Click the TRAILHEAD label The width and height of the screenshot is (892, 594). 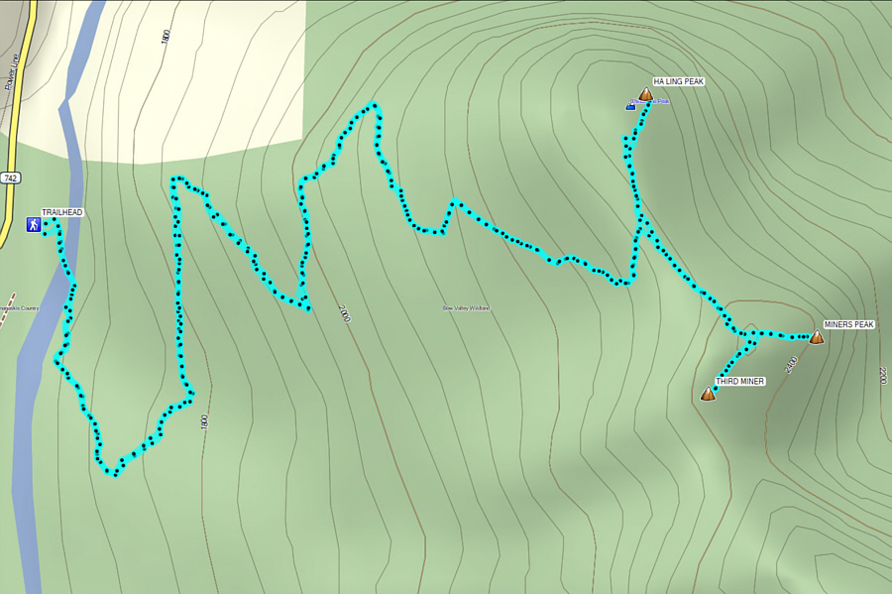point(61,212)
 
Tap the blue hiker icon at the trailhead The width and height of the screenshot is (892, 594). point(34,225)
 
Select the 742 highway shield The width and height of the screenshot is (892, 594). point(10,178)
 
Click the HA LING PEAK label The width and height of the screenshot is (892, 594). point(678,82)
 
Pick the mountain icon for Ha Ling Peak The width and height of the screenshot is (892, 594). point(645,95)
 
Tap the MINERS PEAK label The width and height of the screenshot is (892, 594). point(848,324)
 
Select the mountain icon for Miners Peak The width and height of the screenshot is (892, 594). point(816,337)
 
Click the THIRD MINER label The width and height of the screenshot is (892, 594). point(740,381)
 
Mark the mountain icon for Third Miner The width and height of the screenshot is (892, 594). point(708,394)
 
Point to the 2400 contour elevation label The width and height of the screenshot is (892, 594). point(790,364)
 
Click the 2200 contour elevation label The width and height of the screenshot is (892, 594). point(882,376)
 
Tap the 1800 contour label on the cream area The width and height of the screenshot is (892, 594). point(166,37)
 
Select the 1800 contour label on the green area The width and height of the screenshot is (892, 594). point(204,420)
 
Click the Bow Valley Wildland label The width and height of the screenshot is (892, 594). point(466,308)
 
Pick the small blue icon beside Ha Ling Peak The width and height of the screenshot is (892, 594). point(630,104)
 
